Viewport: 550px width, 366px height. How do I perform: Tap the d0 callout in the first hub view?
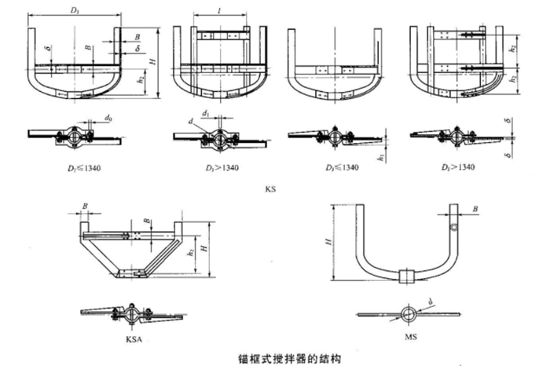108,119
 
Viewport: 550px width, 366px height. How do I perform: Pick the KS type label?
272,189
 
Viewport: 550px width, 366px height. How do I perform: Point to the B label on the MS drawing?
475,208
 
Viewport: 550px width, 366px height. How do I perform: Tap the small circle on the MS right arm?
453,226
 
